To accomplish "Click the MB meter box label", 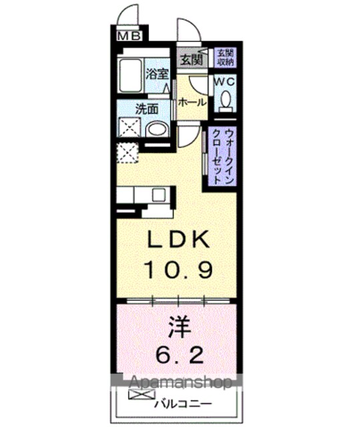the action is click(129, 36).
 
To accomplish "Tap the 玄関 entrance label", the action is click(192, 60).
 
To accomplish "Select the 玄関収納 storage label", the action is click(225, 57).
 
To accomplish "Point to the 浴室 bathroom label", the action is click(157, 74).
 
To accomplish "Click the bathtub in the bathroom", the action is click(130, 75).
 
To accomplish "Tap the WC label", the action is click(224, 81).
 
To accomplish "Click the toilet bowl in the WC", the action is click(226, 100).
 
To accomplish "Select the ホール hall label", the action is click(192, 103).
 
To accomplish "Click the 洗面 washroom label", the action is click(147, 109).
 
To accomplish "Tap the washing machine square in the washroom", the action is click(130, 127).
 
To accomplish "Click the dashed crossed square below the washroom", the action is click(128, 153).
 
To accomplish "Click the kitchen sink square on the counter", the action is click(158, 195).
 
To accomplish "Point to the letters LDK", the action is click(178, 239).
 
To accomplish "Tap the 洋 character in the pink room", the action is click(179, 326).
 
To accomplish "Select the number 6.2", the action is click(180, 355).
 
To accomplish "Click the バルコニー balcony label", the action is click(183, 403).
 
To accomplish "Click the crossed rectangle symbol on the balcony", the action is click(142, 394).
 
